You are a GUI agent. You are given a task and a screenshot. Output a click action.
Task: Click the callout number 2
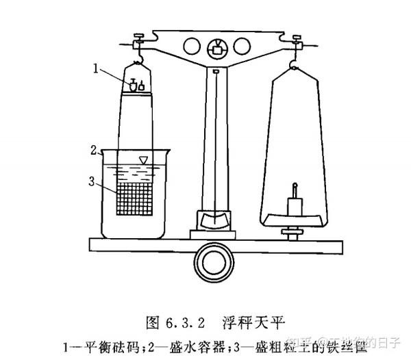(93, 149)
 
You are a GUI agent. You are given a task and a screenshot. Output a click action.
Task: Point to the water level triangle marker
(142, 160)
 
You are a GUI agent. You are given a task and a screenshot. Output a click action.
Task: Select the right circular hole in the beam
(245, 46)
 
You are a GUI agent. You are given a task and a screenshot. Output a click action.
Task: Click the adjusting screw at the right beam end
(297, 38)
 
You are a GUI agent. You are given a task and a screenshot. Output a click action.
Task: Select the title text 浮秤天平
(253, 320)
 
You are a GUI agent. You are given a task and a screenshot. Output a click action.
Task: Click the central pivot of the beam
(216, 49)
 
